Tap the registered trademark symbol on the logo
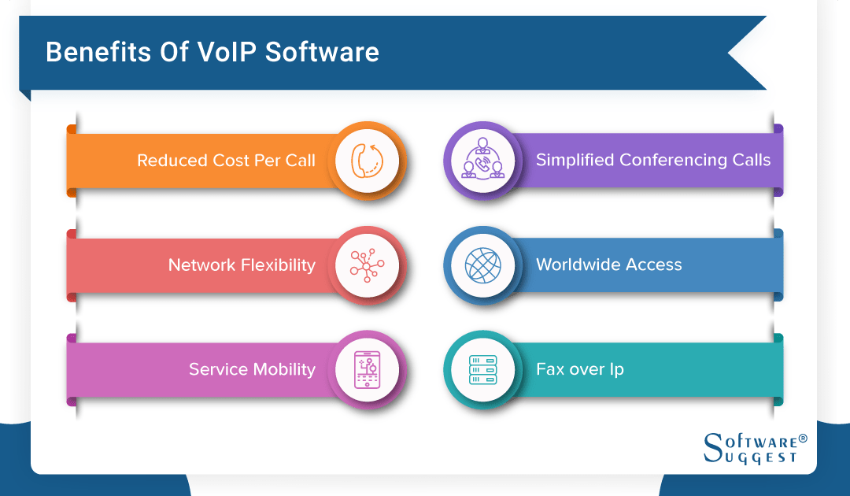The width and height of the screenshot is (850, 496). [803, 437]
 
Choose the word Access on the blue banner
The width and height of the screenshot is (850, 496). [650, 265]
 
